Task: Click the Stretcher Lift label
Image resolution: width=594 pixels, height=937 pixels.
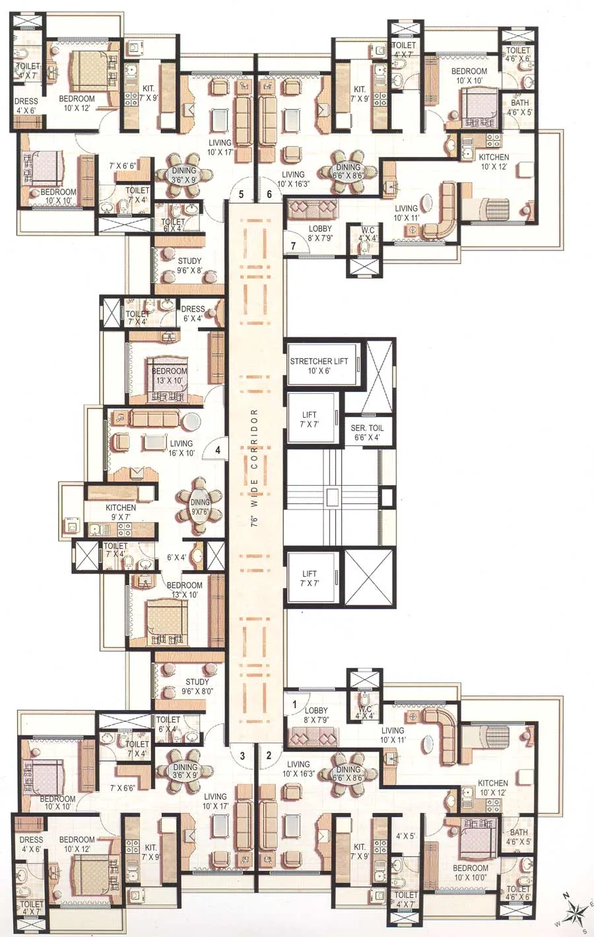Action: coord(319,366)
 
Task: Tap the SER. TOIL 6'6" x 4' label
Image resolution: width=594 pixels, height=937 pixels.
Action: coord(367,432)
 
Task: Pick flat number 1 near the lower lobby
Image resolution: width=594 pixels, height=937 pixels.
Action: coord(294,704)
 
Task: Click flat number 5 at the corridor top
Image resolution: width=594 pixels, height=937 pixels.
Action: coord(241,194)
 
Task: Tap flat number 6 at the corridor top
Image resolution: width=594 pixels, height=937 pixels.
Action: coord(269,194)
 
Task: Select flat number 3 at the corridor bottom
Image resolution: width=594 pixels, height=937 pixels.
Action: coord(242,756)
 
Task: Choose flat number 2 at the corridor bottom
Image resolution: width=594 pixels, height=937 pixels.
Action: coord(269,756)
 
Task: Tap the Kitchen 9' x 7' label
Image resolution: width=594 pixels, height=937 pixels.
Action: coord(121,512)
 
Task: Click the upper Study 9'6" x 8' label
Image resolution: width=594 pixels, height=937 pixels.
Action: coord(189,265)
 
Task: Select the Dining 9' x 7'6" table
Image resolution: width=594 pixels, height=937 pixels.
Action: coord(200,507)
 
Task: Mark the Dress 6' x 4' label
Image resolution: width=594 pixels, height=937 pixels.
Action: coord(193,313)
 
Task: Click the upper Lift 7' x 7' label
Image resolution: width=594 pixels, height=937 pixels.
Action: coord(309,419)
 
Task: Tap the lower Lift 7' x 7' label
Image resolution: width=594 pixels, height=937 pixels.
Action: coord(309,578)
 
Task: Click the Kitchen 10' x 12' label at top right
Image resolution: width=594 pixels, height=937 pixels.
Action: coord(494,162)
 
